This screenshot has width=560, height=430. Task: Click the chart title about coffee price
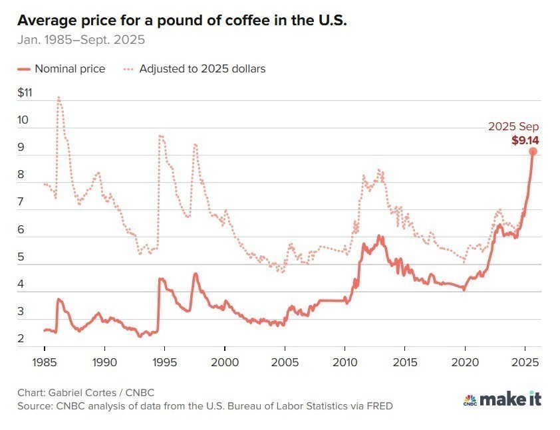click(182, 21)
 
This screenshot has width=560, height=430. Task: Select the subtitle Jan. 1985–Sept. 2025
click(81, 39)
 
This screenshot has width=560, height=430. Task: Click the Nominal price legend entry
click(61, 68)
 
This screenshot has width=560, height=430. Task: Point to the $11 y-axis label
click(25, 93)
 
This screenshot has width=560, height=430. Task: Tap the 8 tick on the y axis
click(22, 175)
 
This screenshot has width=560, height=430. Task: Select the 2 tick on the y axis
click(22, 339)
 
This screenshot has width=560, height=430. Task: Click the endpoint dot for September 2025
click(533, 152)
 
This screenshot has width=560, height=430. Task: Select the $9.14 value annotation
click(525, 140)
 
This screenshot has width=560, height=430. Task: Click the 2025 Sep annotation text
click(513, 126)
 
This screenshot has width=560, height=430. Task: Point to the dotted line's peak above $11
click(59, 98)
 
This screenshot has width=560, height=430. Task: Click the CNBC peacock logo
click(470, 399)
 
